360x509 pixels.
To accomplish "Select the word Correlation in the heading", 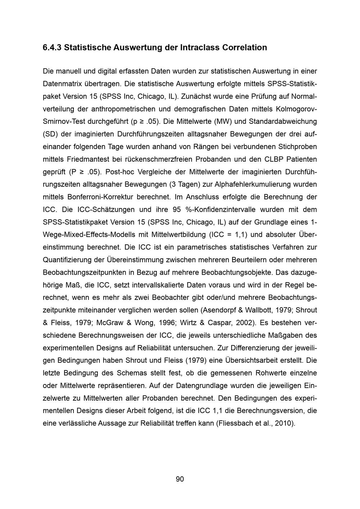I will click(245, 48).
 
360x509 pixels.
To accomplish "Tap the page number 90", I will click(180, 479).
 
